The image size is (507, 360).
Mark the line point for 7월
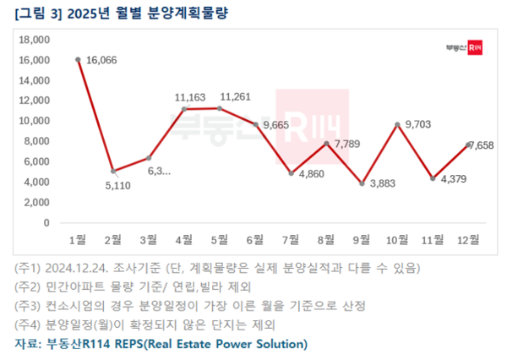pyautogui.click(x=291, y=173)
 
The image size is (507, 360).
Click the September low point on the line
pyautogui.click(x=362, y=183)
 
